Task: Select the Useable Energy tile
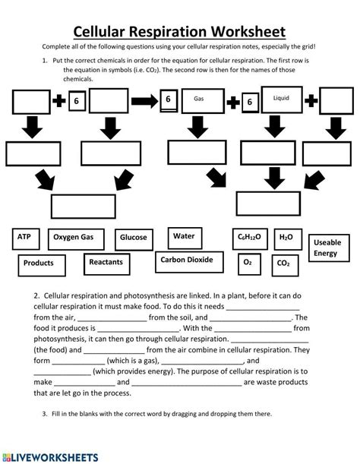coord(326,247)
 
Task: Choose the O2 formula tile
coord(247,263)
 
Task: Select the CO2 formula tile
coord(283,264)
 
